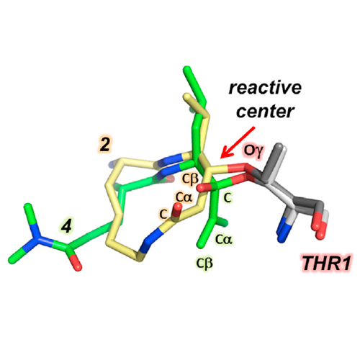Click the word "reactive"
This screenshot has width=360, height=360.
coord(265,88)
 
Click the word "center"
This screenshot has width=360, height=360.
coord(266,112)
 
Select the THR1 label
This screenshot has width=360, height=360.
coord(326,263)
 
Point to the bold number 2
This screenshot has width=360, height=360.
coord(105,145)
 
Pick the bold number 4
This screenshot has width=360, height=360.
coord(66,225)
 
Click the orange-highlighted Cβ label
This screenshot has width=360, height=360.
coord(190,179)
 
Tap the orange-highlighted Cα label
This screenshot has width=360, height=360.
coord(184,197)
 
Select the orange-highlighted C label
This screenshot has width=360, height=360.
coord(163,214)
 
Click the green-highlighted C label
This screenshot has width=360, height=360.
coord(228,197)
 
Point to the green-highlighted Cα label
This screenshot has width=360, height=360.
coord(224,239)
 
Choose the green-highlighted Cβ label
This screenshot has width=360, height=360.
coord(204,264)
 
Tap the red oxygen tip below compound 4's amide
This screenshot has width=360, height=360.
coord(77,265)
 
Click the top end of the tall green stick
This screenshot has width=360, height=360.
coord(187,70)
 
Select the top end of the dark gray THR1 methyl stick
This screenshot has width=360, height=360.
coord(279,146)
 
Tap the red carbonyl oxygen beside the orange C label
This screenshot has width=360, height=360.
coord(178,208)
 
